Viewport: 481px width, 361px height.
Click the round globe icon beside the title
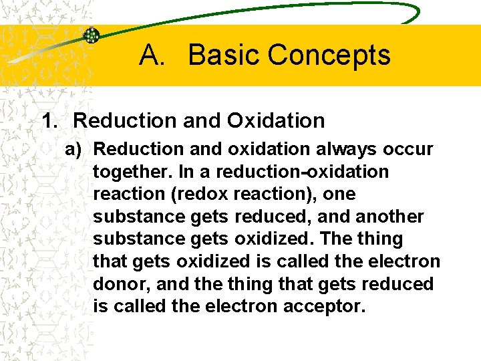[x=91, y=35]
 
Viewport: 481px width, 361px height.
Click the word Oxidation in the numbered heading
[x=275, y=121]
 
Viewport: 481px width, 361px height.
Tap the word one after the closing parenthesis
[x=341, y=194]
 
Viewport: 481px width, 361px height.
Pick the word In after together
[x=187, y=172]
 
